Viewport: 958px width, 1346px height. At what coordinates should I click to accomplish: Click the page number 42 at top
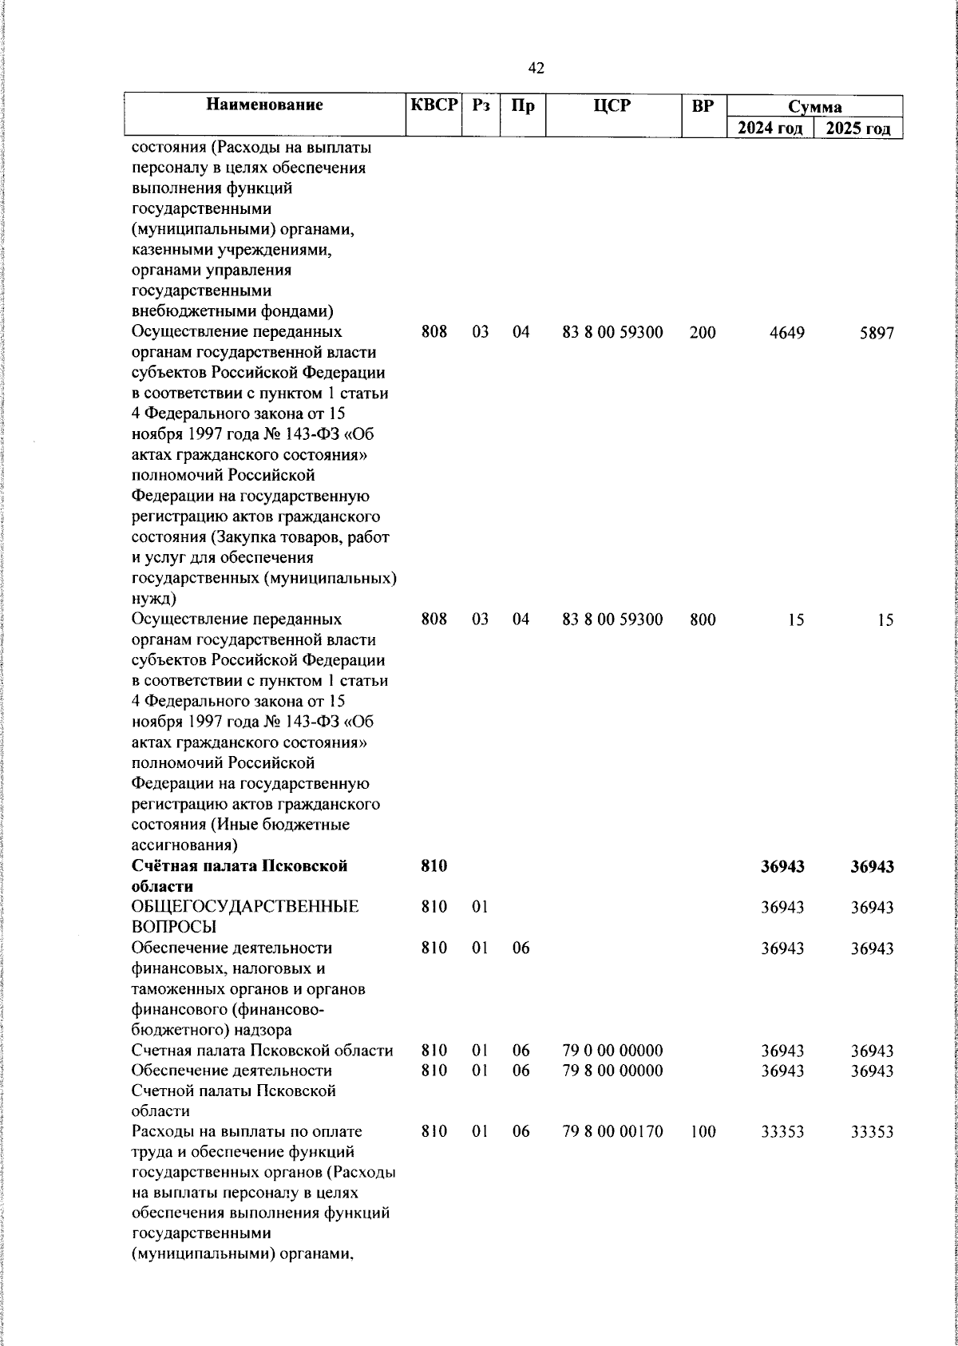point(536,69)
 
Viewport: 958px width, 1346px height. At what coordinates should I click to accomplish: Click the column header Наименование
point(264,105)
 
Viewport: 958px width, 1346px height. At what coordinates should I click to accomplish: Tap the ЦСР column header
point(612,105)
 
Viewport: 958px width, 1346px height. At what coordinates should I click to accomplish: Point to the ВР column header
point(703,105)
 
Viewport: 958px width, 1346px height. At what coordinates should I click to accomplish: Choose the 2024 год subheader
point(770,129)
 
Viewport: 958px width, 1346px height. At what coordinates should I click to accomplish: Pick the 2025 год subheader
point(858,129)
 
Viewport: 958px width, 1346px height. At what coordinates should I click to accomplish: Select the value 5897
point(876,333)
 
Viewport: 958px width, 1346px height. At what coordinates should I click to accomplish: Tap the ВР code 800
point(703,620)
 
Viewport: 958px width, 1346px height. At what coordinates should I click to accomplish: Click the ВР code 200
point(703,333)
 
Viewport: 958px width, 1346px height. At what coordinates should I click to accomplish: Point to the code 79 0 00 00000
point(612,1051)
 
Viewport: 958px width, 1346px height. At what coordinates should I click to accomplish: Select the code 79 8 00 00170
point(612,1132)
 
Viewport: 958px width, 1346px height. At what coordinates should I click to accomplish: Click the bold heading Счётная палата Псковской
point(239,866)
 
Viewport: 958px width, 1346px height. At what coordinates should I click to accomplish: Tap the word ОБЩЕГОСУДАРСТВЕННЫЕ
point(244,907)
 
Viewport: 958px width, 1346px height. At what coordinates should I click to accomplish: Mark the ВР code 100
point(703,1132)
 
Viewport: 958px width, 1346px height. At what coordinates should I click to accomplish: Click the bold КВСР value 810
point(433,866)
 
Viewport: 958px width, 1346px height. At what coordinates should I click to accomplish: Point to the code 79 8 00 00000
point(612,1071)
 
